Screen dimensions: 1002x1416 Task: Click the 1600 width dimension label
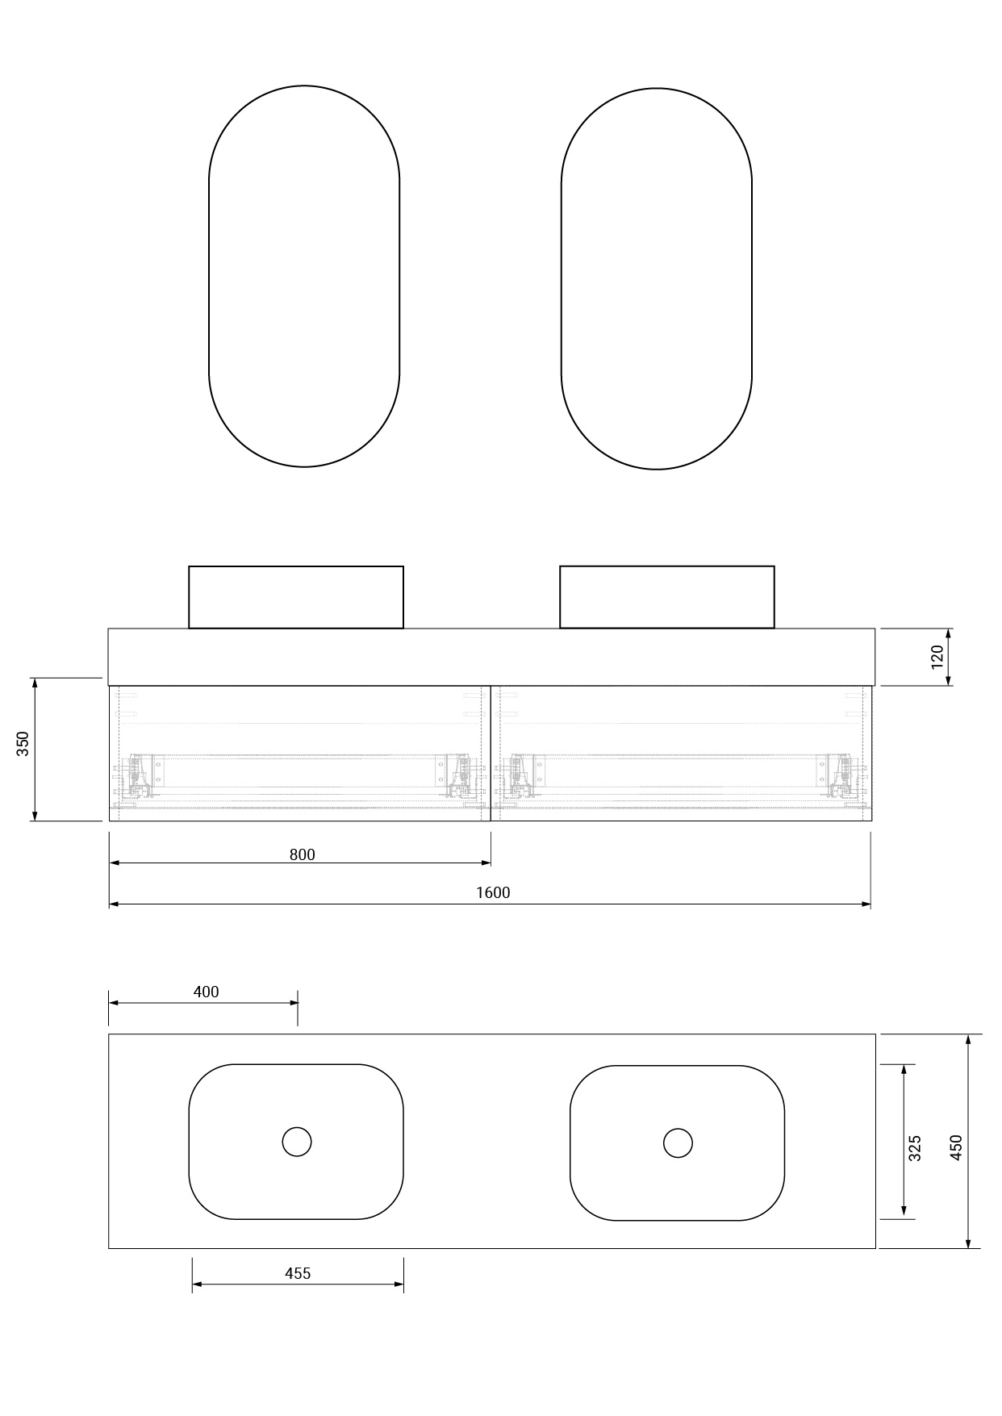point(493,892)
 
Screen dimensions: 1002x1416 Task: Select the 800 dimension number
point(303,854)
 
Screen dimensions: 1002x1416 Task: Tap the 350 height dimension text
point(23,743)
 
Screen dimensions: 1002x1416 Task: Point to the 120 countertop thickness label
point(937,657)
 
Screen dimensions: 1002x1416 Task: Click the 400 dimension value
point(207,992)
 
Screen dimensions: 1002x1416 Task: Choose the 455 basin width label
point(298,1273)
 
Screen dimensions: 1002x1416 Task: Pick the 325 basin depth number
point(915,1148)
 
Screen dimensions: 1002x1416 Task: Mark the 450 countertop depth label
point(956,1147)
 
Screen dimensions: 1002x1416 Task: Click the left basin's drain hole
point(297,1142)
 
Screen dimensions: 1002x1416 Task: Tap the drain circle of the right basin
point(678,1142)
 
